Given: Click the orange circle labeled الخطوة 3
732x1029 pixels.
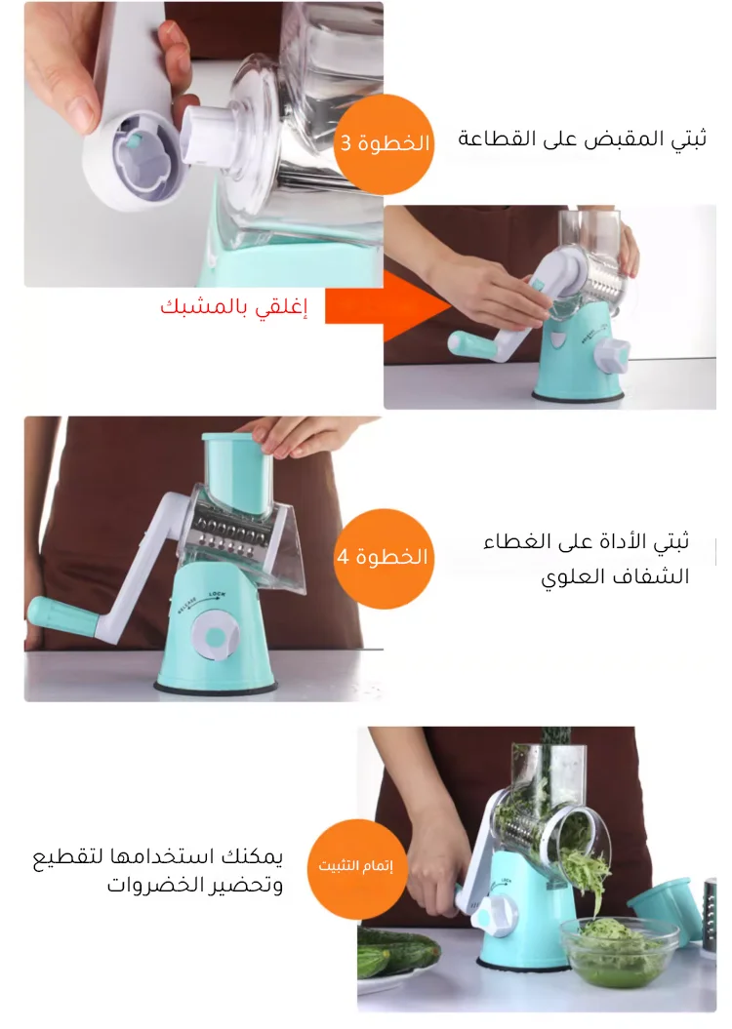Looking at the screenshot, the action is [384, 143].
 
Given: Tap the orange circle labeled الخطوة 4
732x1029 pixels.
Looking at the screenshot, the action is [384, 558].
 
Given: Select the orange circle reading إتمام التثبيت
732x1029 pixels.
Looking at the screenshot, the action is [355, 866].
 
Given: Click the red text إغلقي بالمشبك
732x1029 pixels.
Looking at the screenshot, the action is [233, 306].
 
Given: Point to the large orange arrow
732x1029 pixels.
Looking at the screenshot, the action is [388, 306].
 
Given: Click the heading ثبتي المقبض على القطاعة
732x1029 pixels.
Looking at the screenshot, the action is [583, 139].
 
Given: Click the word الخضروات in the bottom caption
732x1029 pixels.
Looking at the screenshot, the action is [151, 885].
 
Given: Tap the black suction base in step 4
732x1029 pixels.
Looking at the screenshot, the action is [216, 687].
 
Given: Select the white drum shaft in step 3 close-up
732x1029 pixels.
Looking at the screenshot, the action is [208, 136].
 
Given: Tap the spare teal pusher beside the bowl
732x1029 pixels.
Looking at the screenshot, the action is [663, 909].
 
